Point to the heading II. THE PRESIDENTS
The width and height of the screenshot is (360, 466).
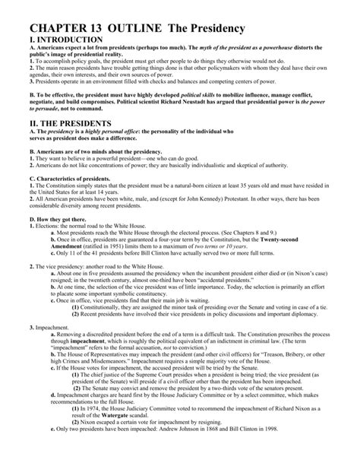point(58,122)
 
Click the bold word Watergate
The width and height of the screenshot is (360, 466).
point(116,439)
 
